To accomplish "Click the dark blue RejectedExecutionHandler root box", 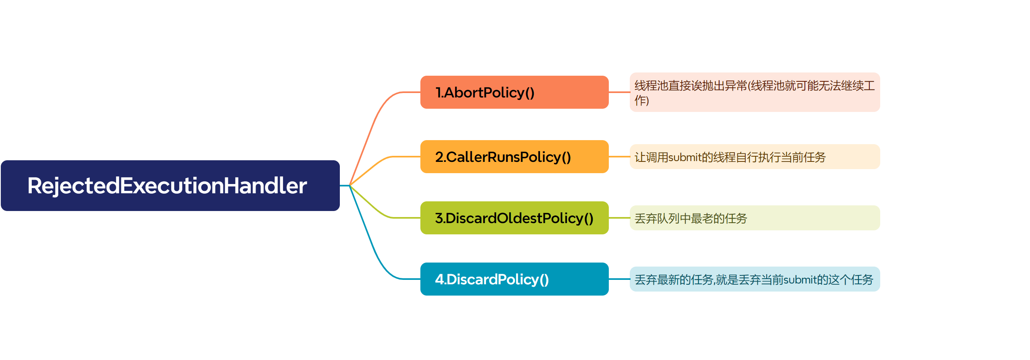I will (170, 186).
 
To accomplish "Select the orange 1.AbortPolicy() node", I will (514, 92).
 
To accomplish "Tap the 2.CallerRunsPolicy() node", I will (514, 157).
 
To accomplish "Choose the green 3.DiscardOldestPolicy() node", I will (514, 218).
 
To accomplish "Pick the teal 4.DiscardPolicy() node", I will (514, 279).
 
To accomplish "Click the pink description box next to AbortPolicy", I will (754, 92).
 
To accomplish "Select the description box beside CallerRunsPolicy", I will (754, 157).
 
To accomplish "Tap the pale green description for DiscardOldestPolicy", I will (754, 218).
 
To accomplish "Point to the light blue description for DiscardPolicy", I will (754, 279).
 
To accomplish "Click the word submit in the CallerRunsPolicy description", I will (685, 157).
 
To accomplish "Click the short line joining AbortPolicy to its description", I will (619, 92).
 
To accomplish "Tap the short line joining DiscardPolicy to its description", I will (619, 279).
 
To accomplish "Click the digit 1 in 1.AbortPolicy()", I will (438, 93).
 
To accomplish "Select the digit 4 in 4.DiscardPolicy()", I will (439, 279).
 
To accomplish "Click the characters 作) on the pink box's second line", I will (641, 100).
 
